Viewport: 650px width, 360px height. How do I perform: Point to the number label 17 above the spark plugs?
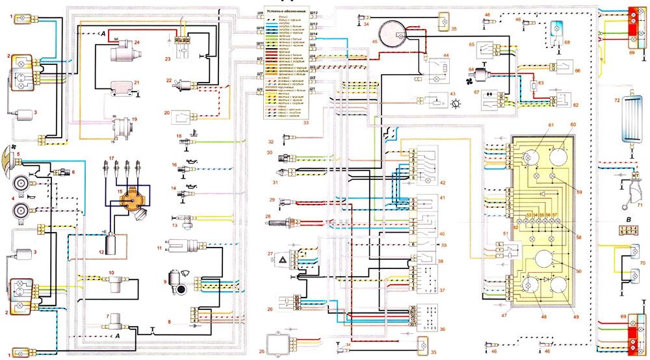coord(112,158)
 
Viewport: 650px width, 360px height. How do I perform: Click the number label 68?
coord(567,42)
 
